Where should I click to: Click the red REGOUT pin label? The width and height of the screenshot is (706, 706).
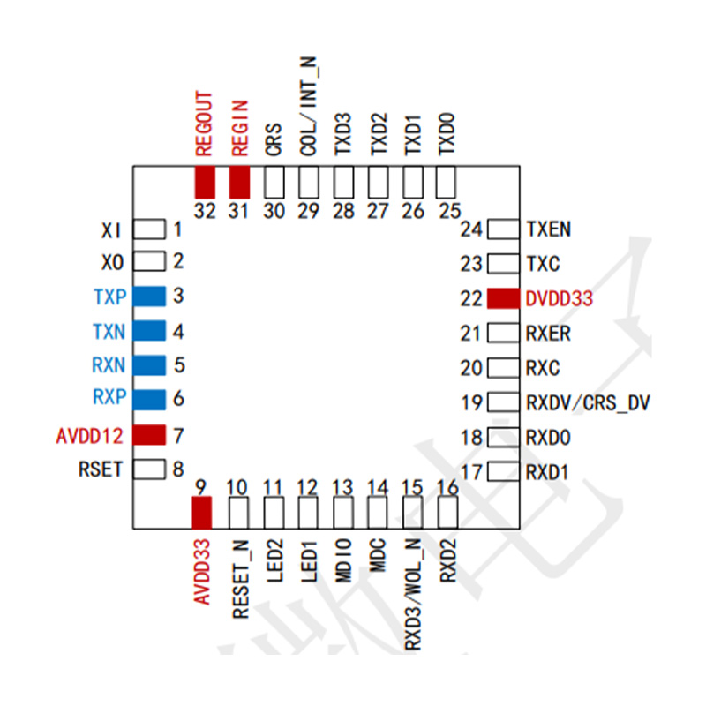tap(204, 124)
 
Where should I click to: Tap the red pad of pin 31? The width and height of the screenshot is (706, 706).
tap(239, 183)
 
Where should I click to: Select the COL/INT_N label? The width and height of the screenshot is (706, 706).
tap(309, 106)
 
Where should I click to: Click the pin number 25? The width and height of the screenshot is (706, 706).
tap(450, 211)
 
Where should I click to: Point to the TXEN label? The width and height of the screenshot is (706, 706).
tap(548, 229)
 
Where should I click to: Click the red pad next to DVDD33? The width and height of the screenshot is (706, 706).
tap(503, 298)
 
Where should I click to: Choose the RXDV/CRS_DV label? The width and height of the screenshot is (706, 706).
tap(588, 403)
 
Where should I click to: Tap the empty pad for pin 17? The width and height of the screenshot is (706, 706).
tap(503, 472)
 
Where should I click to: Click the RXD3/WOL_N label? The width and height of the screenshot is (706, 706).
tap(413, 594)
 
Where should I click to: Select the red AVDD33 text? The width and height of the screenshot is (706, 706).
tap(202, 572)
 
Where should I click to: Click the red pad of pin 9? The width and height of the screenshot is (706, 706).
tap(201, 513)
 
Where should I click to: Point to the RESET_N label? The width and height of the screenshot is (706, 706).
tap(240, 579)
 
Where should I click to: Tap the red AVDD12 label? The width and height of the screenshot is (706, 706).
tap(90, 436)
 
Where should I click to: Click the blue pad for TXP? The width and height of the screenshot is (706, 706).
tap(149, 297)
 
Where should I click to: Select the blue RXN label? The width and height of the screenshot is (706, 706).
tap(109, 364)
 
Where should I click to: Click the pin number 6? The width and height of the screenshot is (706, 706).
tap(179, 399)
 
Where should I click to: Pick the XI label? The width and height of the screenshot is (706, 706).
tap(111, 230)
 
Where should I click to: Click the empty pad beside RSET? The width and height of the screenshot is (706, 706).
tap(149, 469)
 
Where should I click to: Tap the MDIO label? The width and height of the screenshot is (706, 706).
tap(343, 560)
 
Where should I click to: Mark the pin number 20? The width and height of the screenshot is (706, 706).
tap(471, 368)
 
